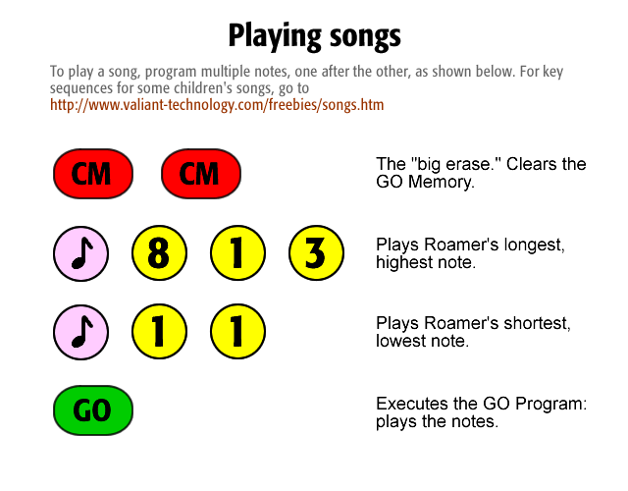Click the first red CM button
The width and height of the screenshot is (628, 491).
[93, 174]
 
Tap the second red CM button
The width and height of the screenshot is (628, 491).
[201, 174]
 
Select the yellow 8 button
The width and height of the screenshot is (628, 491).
[159, 253]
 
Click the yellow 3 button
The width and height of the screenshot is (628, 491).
[316, 253]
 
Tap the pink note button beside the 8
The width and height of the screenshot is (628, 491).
[80, 253]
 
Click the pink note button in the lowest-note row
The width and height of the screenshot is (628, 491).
[80, 332]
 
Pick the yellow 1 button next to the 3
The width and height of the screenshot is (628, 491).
[237, 253]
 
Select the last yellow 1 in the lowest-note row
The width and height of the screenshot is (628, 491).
[237, 332]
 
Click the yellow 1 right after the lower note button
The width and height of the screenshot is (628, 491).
[159, 332]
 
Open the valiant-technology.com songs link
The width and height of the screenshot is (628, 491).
[217, 105]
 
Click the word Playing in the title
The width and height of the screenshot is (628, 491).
[275, 37]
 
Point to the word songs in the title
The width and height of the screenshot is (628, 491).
[365, 37]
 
